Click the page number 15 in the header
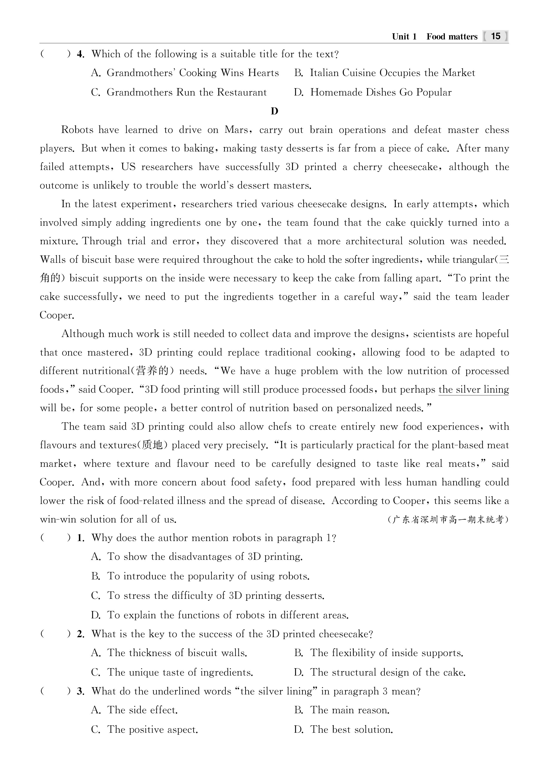(496, 36)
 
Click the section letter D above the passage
(274, 111)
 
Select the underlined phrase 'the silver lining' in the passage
(473, 390)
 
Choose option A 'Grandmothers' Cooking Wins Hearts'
(185, 73)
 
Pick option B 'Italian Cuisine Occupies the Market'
(384, 73)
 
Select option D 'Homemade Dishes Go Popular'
(372, 92)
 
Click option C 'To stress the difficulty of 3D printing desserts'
(207, 596)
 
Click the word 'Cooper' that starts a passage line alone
(57, 315)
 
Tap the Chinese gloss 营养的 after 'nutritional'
(152, 371)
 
